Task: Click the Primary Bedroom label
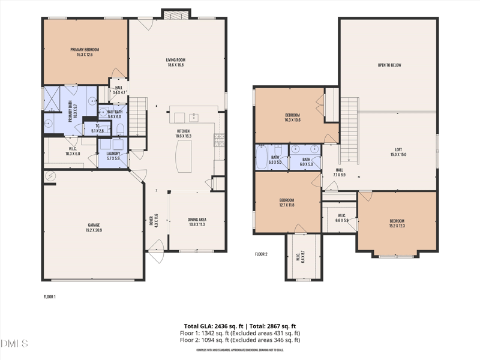point(85,52)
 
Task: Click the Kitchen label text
point(183,133)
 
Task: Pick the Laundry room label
point(113,156)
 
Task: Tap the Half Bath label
point(114,114)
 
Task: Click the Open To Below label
point(389,65)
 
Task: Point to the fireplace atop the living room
point(176,14)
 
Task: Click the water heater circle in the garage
point(50,176)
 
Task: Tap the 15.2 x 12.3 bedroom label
point(397,223)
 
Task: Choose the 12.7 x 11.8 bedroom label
point(287,202)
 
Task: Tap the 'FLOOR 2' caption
point(261,254)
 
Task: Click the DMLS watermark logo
point(14,344)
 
